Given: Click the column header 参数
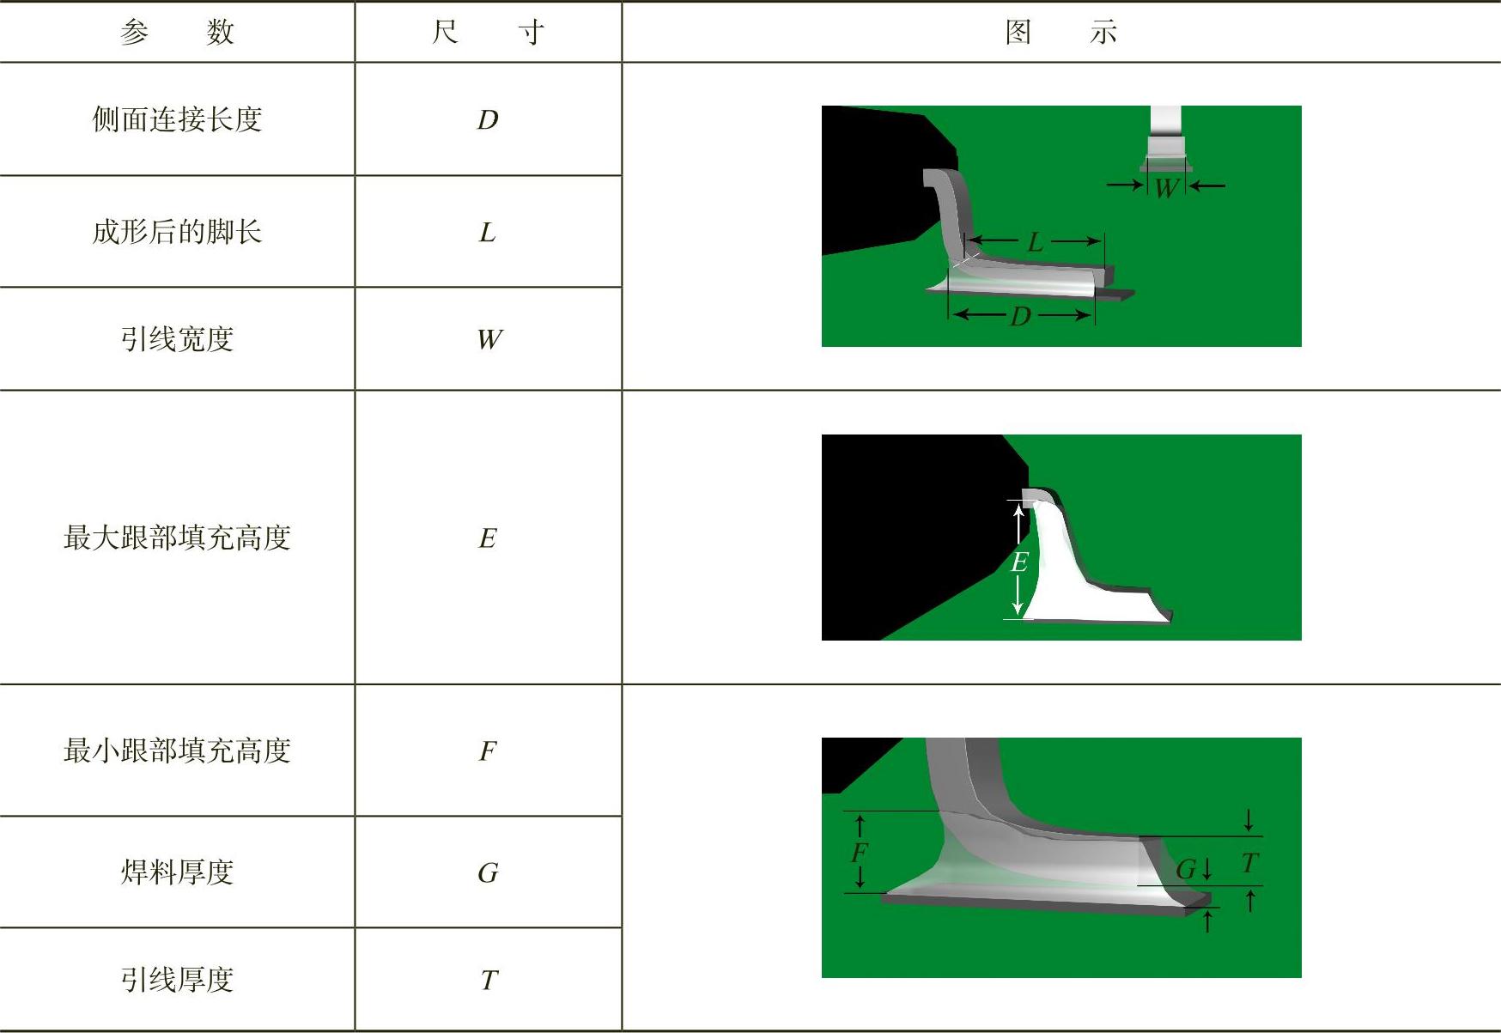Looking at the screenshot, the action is click(177, 33).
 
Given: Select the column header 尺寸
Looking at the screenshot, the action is click(488, 33).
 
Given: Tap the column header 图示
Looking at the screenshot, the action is click(1061, 33).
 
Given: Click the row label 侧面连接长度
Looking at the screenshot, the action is click(177, 119).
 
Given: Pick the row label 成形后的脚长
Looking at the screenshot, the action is click(177, 232).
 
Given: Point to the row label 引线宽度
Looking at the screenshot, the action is click(177, 339).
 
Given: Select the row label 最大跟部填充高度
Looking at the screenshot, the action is click(177, 538).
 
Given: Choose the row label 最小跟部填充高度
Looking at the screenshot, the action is click(177, 750).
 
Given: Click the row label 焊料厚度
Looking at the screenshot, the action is click(177, 872).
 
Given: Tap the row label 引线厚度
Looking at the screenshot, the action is click(177, 980).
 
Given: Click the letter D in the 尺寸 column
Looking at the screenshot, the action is click(488, 120).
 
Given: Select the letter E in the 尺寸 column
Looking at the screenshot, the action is click(488, 538).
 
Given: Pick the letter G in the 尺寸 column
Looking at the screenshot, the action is click(488, 873).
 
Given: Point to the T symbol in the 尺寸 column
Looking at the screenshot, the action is click(489, 980).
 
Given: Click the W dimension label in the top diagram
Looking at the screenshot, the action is click(1165, 188).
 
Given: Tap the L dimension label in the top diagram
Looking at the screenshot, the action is click(1036, 242).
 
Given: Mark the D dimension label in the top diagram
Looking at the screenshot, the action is click(1020, 316).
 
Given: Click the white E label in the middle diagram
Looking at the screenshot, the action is click(1019, 562).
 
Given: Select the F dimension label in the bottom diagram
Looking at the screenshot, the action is click(860, 853).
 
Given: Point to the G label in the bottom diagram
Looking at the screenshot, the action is click(1186, 870).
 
